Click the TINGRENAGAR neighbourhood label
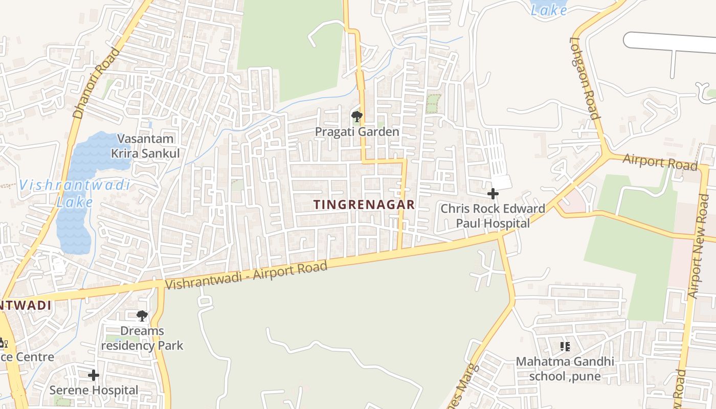[x=364, y=204]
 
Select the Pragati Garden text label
[x=356, y=132]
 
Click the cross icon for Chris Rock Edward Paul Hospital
[x=493, y=194]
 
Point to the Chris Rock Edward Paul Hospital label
[x=493, y=216]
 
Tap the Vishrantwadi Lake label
[x=75, y=193]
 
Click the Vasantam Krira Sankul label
[x=145, y=146]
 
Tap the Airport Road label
[x=660, y=163]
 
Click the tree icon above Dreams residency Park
[x=142, y=316]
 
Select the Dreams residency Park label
[x=142, y=338]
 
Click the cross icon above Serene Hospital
[x=94, y=376]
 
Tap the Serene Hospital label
[x=94, y=390]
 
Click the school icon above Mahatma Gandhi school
[x=565, y=347]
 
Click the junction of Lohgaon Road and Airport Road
[x=607, y=153]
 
